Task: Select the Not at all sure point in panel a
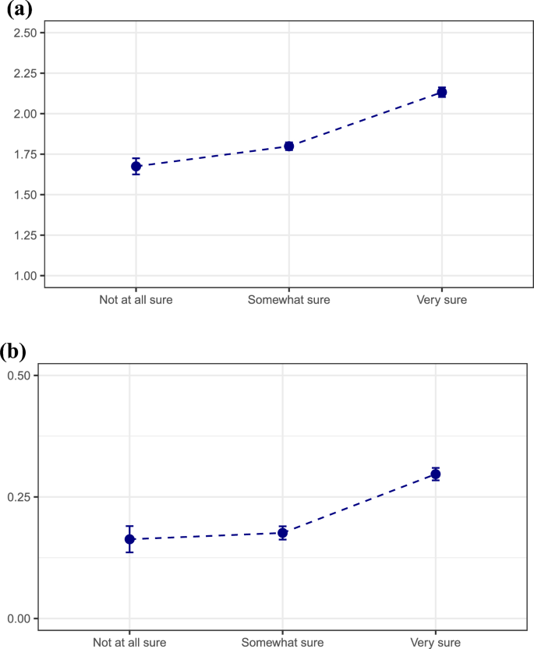point(136,166)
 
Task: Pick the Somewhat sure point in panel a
point(289,146)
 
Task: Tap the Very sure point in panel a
point(442,92)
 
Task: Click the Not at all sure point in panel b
point(130,539)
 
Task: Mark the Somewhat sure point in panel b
point(283,533)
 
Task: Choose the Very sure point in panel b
point(436,474)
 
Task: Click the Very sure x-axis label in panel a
point(442,300)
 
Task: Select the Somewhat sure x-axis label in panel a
point(289,300)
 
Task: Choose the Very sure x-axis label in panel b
point(436,643)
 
